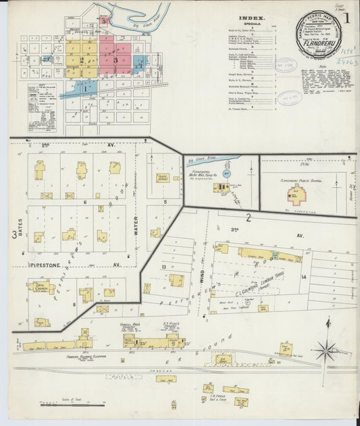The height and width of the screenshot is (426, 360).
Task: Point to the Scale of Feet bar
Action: tap(72, 406)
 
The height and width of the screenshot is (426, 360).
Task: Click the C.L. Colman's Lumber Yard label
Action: tap(262, 290)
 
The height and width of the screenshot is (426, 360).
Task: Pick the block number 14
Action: tap(303, 277)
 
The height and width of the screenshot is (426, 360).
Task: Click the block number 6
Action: tap(85, 202)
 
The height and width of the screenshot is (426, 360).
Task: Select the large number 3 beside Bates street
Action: tap(14, 234)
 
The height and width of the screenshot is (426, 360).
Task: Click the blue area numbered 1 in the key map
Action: tap(86, 87)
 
